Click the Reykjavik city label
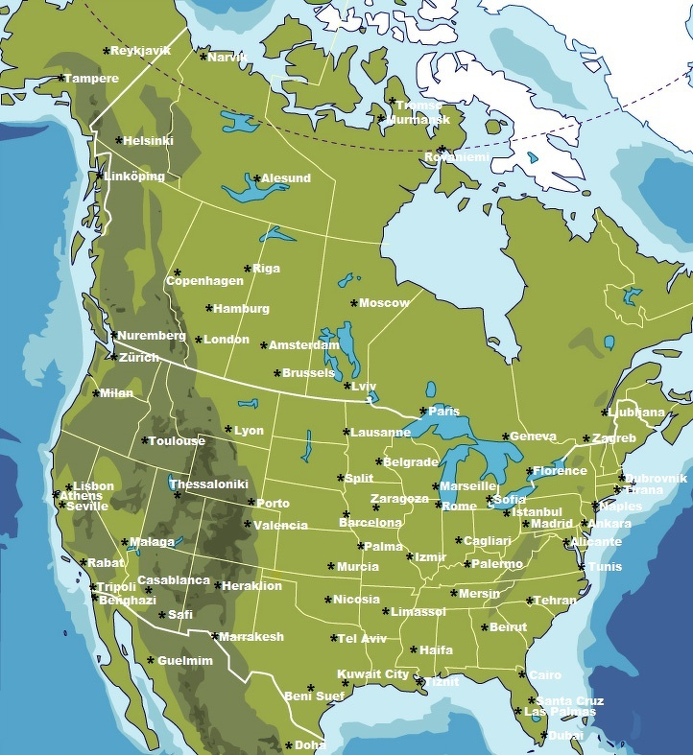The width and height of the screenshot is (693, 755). (x=140, y=51)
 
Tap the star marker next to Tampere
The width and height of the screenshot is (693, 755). (x=61, y=78)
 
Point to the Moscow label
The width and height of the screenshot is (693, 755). (x=384, y=303)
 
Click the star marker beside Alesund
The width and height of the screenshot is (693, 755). (x=256, y=177)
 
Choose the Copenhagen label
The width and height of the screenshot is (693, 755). (x=204, y=281)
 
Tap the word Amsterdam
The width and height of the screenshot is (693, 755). (x=303, y=345)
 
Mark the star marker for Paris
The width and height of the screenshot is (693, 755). (x=423, y=411)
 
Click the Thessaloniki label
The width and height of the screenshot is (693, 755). (x=209, y=484)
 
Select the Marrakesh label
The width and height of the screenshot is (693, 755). (x=251, y=637)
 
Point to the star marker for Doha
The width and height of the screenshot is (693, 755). (x=289, y=744)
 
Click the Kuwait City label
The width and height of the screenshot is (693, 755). (x=372, y=674)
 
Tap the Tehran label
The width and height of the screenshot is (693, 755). (x=556, y=601)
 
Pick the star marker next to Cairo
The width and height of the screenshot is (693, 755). (x=523, y=674)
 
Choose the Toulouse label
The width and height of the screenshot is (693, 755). (x=177, y=441)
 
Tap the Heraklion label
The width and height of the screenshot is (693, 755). (x=252, y=586)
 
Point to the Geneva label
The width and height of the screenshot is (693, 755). (x=533, y=436)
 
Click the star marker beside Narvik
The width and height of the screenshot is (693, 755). (x=203, y=57)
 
